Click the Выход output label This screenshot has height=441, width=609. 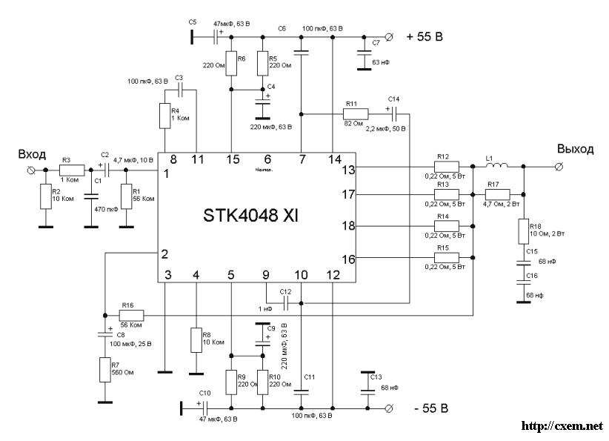575,149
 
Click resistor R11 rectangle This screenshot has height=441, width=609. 354,113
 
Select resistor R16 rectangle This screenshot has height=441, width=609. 130,315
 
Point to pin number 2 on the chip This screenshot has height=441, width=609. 164,254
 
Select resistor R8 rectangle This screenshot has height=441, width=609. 196,340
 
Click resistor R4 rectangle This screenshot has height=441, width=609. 164,116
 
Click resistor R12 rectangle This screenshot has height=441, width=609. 446,168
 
